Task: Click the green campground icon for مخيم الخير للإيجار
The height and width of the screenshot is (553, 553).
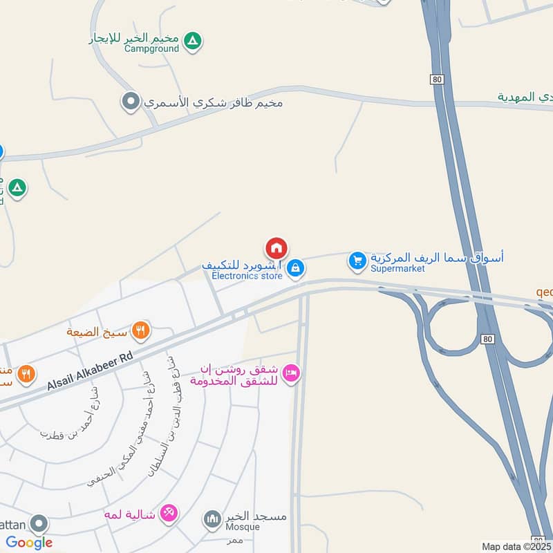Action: click(x=194, y=41)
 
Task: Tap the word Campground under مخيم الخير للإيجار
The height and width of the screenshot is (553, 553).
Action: click(x=151, y=49)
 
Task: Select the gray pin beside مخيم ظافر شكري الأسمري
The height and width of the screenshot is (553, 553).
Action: click(x=131, y=103)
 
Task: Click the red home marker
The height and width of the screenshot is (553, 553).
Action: click(x=276, y=248)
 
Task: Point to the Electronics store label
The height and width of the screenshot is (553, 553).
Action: click(x=247, y=276)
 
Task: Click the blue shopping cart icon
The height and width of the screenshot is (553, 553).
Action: click(x=357, y=260)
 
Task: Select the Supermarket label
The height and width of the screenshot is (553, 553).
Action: click(x=397, y=268)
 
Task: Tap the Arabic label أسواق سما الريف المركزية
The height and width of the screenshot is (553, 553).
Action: click(x=437, y=257)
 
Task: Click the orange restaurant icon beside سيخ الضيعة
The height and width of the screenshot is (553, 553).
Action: click(x=140, y=330)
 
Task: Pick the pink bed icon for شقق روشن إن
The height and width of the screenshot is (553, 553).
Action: click(x=291, y=373)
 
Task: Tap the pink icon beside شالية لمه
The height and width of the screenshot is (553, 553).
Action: click(x=167, y=514)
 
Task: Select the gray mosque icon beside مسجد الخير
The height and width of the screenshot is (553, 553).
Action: click(x=212, y=518)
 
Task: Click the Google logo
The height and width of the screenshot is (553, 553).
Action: click(x=29, y=543)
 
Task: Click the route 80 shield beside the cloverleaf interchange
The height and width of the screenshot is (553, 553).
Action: click(x=488, y=339)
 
